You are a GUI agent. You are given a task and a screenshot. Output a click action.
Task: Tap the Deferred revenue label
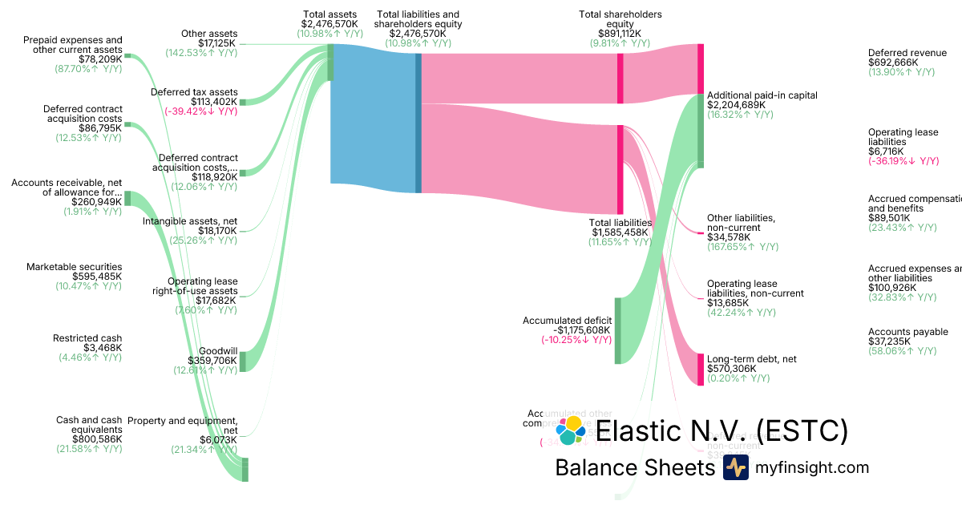[907, 53]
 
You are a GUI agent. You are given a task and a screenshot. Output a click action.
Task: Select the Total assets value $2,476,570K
[329, 24]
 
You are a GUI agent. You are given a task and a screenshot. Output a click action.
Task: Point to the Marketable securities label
[74, 267]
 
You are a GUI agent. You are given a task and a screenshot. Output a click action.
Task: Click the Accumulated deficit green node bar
[617, 330]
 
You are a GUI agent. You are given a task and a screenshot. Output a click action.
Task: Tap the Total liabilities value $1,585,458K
[620, 232]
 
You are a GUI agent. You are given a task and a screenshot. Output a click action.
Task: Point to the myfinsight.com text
[811, 467]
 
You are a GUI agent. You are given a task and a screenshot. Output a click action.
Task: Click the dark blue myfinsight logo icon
[735, 467]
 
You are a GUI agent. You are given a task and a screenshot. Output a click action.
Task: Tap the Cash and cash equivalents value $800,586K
[97, 439]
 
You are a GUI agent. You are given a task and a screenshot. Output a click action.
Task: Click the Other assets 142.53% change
[201, 53]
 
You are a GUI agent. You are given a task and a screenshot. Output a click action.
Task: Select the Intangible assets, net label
[189, 220]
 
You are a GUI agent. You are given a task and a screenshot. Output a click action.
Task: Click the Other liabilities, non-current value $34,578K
[730, 237]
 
